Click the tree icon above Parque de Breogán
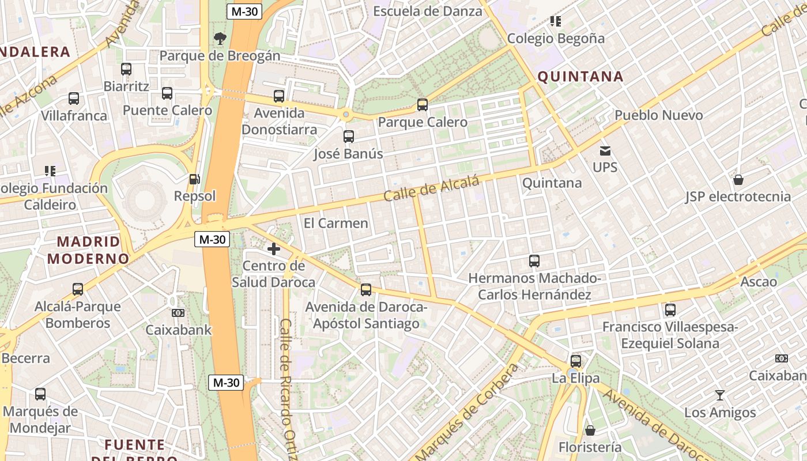(x=220, y=39)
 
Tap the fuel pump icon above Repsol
(x=195, y=179)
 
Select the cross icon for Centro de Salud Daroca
(x=274, y=249)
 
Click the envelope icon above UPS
(x=605, y=151)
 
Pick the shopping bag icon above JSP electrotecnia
(x=738, y=180)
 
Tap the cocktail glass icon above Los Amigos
(x=720, y=395)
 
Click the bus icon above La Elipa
(x=575, y=361)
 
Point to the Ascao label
(x=759, y=282)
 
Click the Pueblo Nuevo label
(x=658, y=115)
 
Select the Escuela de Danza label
(x=428, y=11)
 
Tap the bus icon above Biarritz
(x=126, y=69)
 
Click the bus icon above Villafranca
(x=74, y=99)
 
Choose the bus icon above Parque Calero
(x=423, y=105)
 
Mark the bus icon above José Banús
(x=348, y=137)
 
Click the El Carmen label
(x=335, y=223)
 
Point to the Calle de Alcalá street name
(x=432, y=189)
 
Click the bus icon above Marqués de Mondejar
(x=40, y=394)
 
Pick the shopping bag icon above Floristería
(x=590, y=430)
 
